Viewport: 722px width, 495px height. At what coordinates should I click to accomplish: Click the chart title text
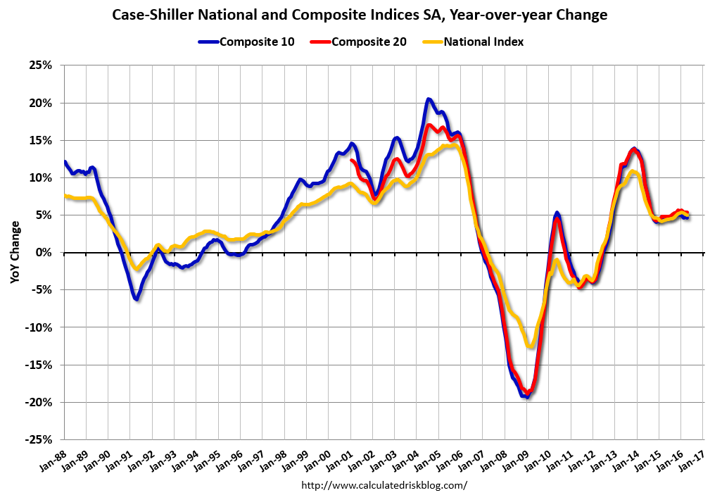tap(360, 15)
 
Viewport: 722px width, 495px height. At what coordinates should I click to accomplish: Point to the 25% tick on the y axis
tap(43, 65)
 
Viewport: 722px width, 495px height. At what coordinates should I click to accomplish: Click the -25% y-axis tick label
tap(41, 439)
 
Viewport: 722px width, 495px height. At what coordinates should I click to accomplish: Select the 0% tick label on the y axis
tap(46, 252)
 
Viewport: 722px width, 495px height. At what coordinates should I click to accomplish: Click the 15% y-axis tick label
tap(43, 140)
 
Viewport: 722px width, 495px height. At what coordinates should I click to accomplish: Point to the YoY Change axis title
tap(15, 252)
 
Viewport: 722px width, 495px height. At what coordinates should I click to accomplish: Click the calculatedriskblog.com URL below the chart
tap(384, 485)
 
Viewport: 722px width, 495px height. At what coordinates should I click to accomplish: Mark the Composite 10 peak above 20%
tap(429, 99)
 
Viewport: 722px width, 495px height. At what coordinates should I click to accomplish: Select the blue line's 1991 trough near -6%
tap(137, 299)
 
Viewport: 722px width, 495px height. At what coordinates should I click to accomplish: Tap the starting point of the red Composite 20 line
tap(352, 161)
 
